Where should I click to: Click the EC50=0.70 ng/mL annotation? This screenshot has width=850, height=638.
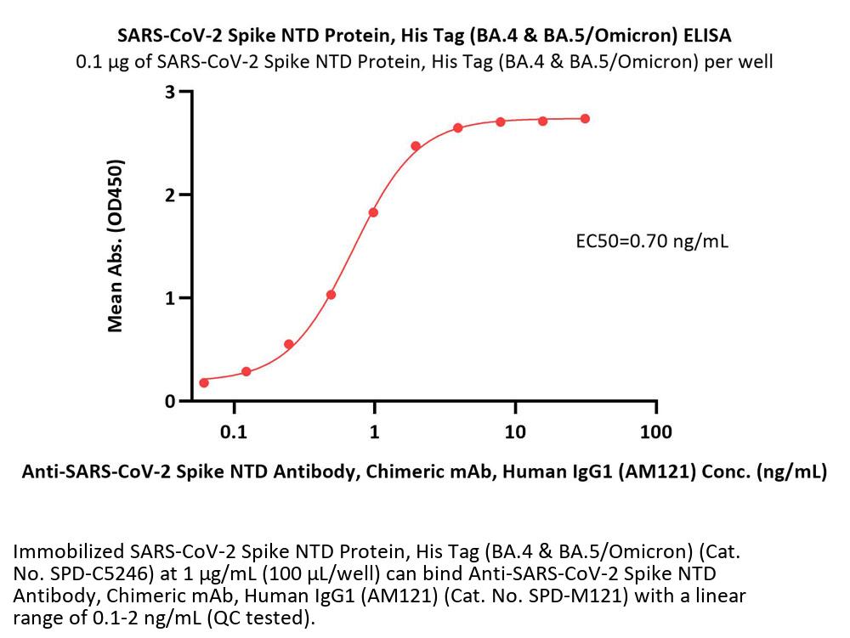652,241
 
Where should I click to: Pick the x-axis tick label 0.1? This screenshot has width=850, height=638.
234,432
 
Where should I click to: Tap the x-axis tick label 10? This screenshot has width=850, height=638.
514,432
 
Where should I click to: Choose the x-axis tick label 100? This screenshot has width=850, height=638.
654,432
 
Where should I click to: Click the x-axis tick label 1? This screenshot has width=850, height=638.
374,432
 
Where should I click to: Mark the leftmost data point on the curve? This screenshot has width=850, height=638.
204,382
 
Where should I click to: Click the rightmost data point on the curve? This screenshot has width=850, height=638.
585,119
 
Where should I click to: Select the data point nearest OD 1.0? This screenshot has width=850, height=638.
331,295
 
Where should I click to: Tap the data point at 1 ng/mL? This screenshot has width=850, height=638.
373,212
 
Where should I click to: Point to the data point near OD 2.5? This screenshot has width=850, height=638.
416,146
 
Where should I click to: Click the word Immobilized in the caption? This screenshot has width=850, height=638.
68,550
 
